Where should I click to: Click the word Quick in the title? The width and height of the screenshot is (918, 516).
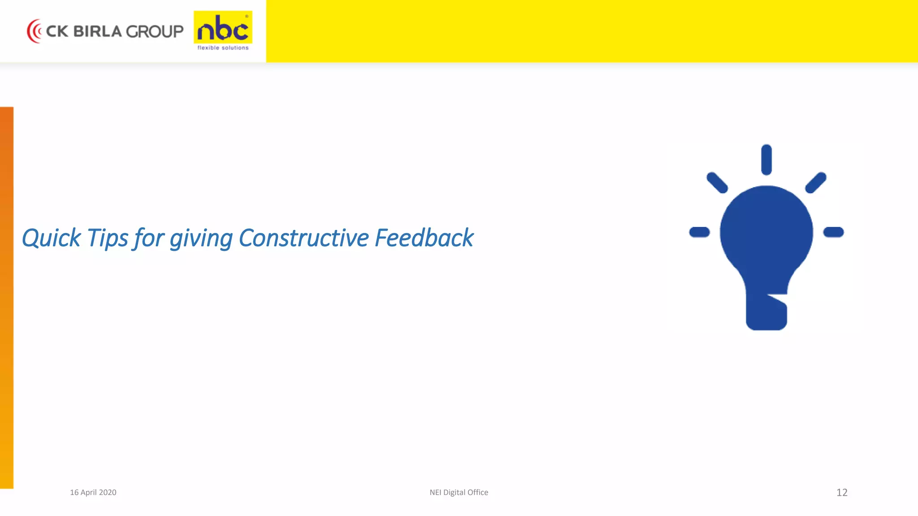tap(51, 238)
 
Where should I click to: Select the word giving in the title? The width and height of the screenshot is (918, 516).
tap(201, 239)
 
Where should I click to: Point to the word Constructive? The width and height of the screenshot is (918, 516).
tap(304, 238)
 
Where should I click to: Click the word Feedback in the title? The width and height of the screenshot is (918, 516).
tap(424, 238)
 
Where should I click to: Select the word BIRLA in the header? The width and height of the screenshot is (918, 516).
tap(97, 31)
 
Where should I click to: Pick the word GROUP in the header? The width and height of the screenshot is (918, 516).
tap(155, 31)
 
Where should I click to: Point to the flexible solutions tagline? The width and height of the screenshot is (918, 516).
tap(223, 47)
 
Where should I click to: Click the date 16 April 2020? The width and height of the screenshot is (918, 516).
tap(93, 492)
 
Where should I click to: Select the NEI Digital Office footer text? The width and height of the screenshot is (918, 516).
tap(459, 492)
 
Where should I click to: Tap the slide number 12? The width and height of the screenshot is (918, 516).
tap(842, 492)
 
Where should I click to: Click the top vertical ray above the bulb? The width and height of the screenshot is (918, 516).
tap(766, 159)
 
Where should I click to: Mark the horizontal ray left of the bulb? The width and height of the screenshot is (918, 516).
tap(699, 232)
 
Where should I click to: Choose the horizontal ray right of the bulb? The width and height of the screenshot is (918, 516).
tap(833, 232)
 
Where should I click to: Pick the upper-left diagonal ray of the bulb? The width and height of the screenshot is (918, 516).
tap(717, 183)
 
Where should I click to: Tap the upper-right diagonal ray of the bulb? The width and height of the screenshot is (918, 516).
tap(816, 183)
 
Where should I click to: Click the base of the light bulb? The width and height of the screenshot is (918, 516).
tap(766, 314)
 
